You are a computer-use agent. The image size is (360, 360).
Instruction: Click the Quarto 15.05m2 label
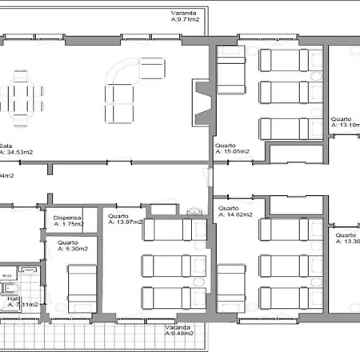(x=236, y=150)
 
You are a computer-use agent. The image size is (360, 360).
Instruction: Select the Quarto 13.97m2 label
(x=124, y=218)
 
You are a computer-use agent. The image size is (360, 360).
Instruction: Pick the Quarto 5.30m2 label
(x=70, y=246)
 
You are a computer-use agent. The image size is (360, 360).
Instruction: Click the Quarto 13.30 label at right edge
(x=346, y=239)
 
